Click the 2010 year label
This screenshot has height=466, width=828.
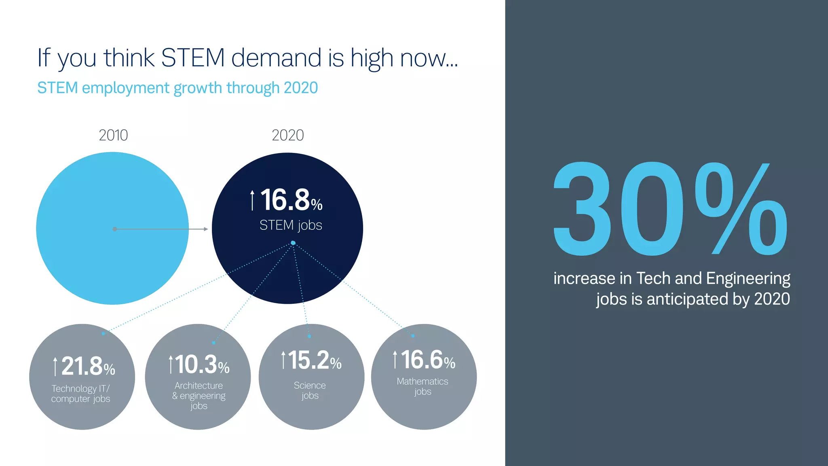tap(113, 135)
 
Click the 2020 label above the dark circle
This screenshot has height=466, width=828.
tap(287, 135)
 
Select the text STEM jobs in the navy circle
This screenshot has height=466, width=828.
tap(291, 225)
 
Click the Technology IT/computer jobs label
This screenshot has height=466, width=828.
tap(80, 394)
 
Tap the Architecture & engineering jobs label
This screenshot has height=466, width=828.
tap(199, 396)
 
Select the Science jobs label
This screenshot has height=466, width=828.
tap(310, 390)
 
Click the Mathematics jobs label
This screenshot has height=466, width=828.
tap(422, 386)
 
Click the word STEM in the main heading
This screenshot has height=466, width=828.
tap(192, 58)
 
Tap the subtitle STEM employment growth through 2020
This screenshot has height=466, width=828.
tap(177, 88)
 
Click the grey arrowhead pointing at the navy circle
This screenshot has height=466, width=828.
tap(206, 229)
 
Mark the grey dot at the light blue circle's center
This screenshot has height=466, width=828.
tap(115, 229)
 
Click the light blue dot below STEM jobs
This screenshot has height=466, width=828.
tap(293, 243)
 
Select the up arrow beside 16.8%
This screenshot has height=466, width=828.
tap(252, 200)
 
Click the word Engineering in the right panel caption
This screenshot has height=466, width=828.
tap(748, 279)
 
